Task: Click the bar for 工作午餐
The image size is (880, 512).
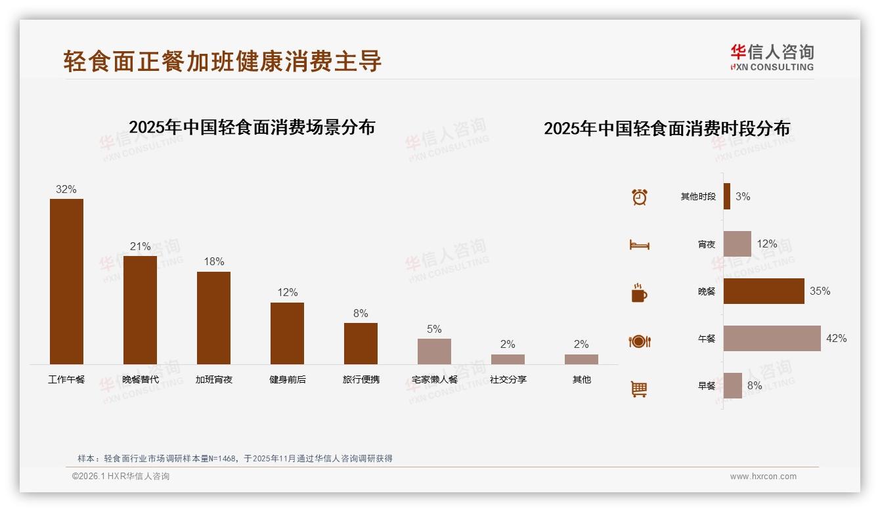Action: [x=66, y=282]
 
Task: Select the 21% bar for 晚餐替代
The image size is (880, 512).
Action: [x=140, y=310]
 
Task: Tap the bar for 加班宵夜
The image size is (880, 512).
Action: [x=213, y=318]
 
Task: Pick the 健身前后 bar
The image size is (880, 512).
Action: [x=287, y=333]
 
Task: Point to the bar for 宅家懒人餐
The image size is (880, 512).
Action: [x=434, y=351]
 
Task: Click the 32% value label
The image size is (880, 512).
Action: [x=66, y=190]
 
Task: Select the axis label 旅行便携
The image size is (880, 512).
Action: [x=361, y=379]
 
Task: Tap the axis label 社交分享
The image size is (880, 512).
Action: [x=508, y=379]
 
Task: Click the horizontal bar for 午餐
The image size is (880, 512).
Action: [x=772, y=339]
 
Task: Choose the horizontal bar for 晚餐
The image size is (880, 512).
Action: [x=764, y=291]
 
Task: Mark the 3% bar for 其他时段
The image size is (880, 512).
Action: [x=727, y=196]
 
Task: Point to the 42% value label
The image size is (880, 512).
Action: [x=836, y=339]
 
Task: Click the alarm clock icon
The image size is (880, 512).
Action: [x=639, y=197]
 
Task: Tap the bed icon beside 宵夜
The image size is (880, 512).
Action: [x=639, y=245]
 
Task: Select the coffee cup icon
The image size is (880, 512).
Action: [x=639, y=293]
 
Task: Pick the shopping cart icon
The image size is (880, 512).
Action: [x=639, y=389]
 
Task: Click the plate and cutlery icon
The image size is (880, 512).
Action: [x=639, y=341]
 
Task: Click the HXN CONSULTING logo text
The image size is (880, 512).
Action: [x=772, y=67]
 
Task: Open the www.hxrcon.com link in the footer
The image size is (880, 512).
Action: [x=763, y=477]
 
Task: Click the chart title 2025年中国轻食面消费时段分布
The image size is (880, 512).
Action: [x=667, y=129]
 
